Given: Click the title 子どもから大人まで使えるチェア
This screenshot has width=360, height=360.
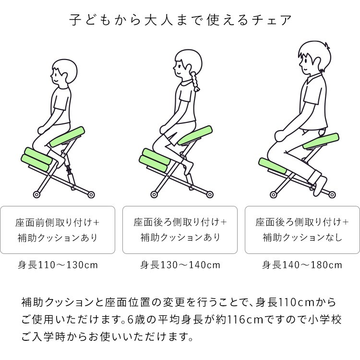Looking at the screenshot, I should [180, 21].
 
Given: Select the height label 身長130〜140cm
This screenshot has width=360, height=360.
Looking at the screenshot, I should [180, 264].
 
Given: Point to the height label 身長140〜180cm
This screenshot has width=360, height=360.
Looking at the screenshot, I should [302, 264].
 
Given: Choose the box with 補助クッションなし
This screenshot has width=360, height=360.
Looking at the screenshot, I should [302, 229].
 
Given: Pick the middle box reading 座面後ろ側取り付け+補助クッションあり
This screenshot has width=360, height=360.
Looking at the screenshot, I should [180, 229].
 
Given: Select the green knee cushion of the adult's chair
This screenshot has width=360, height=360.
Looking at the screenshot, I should [272, 166].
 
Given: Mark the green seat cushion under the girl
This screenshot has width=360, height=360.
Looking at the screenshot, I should [195, 135].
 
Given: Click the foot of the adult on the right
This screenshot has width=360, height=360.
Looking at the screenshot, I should [320, 184].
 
